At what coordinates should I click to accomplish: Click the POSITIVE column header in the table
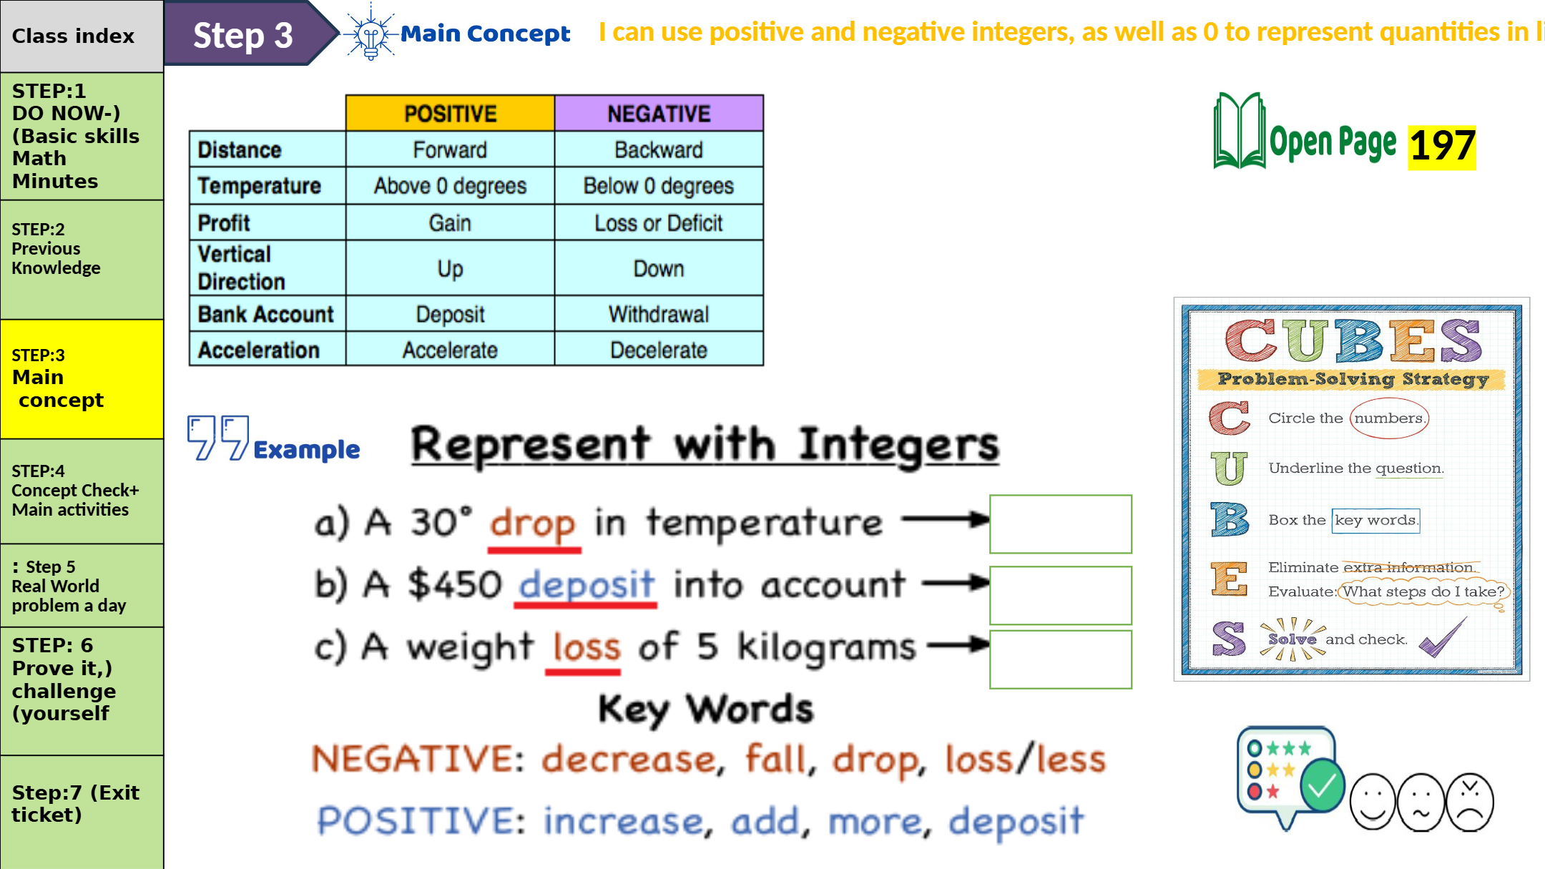[x=450, y=113]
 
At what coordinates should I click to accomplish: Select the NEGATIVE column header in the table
[x=659, y=113]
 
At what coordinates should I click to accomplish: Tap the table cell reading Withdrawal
[x=659, y=314]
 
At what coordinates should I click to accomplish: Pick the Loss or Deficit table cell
[x=659, y=222]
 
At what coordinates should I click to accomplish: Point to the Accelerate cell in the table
[x=450, y=350]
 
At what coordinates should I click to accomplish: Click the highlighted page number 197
[x=1442, y=147]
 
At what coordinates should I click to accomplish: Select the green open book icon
[x=1239, y=131]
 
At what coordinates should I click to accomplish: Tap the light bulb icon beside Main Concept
[x=371, y=33]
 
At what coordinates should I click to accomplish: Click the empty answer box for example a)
[x=1061, y=524]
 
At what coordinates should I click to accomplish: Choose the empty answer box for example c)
[x=1061, y=659]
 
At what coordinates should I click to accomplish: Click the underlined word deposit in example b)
[x=586, y=584]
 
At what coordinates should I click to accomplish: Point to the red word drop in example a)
[x=533, y=524]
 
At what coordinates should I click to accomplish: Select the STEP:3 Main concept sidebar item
[x=82, y=379]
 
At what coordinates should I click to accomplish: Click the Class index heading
[x=73, y=36]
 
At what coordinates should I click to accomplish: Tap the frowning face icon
[x=1470, y=802]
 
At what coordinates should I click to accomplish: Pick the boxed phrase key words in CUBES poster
[x=1375, y=520]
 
